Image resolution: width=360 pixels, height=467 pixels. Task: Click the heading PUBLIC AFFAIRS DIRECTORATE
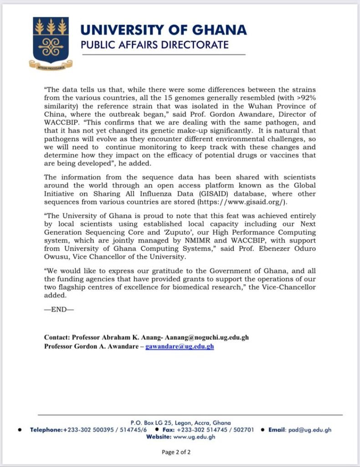[x=154, y=45]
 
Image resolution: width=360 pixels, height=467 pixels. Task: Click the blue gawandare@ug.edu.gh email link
[x=180, y=346]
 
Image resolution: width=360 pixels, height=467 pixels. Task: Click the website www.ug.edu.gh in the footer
[x=194, y=437]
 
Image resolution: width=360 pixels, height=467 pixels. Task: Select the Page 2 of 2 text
[x=180, y=452]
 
